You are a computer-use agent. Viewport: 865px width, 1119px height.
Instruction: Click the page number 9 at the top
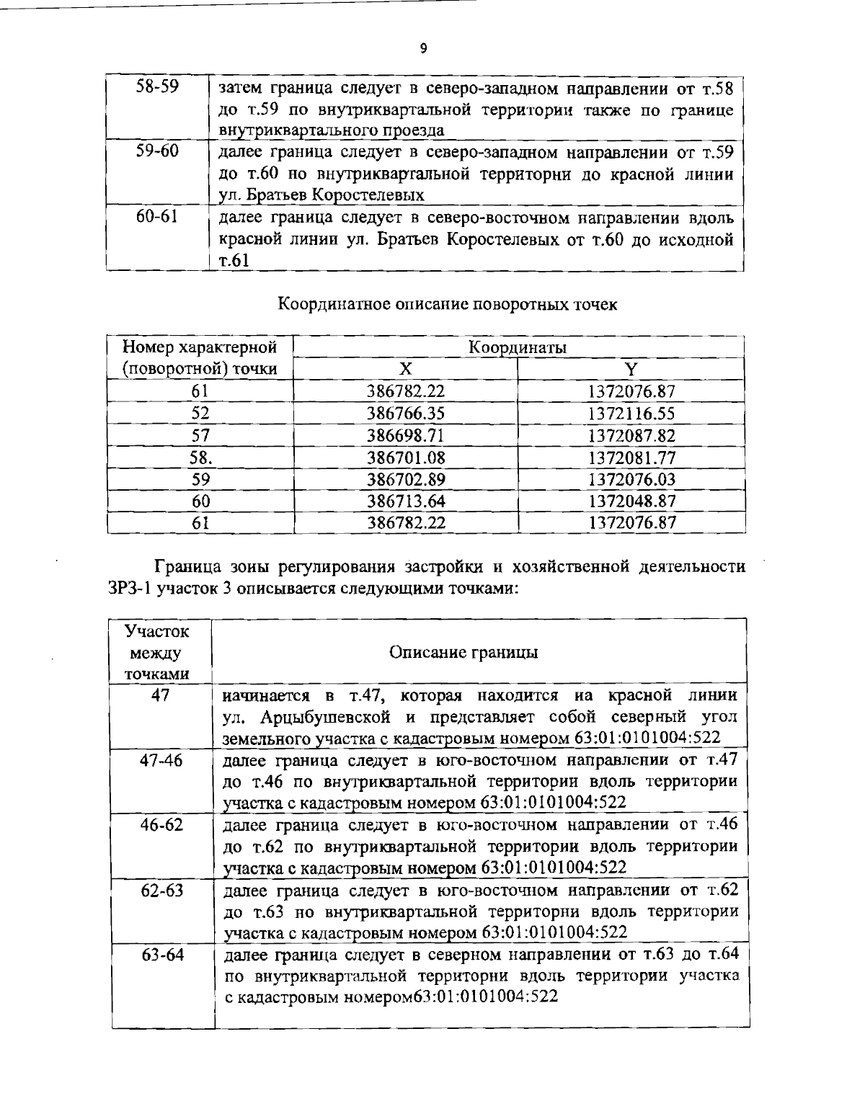point(423,49)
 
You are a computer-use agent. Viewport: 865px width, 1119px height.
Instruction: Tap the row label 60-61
point(157,217)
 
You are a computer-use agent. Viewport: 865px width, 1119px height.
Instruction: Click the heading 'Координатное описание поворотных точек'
point(447,304)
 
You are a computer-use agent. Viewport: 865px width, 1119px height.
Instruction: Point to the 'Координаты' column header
point(518,347)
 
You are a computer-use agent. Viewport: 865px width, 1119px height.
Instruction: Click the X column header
point(406,369)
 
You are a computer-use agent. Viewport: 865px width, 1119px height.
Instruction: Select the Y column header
point(631,369)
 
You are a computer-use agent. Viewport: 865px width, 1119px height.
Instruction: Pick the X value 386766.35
point(406,414)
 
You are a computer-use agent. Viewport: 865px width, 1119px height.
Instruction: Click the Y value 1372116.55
point(631,414)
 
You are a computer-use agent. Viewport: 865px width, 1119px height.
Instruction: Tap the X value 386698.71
point(406,435)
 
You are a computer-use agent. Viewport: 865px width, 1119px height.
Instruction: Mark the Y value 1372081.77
point(631,458)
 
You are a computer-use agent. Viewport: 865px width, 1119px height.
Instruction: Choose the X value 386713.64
point(406,501)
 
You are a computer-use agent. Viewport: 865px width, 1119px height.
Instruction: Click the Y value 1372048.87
point(631,501)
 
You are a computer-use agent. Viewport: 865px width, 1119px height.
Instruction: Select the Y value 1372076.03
point(631,479)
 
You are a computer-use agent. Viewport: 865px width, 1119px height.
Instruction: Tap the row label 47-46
point(161,761)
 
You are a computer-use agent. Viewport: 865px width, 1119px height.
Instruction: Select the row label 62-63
point(161,890)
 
